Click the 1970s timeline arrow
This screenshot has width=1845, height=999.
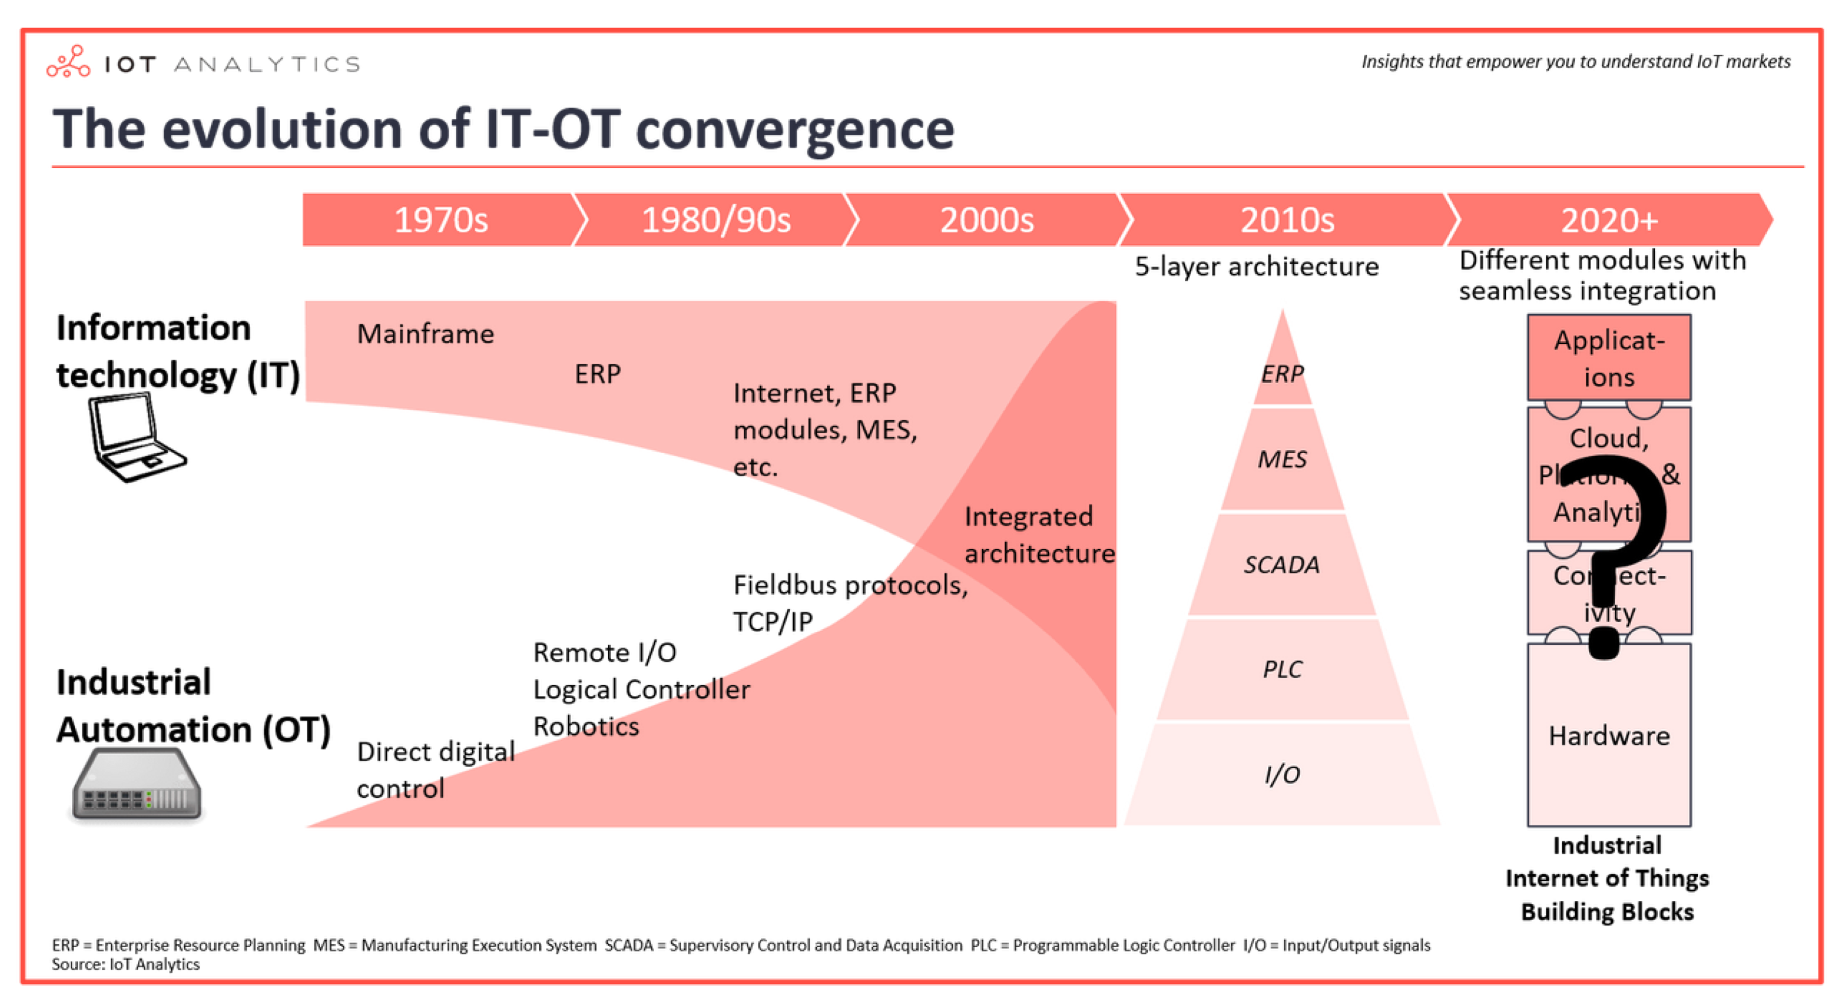tap(440, 220)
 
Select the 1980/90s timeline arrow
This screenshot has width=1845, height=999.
tap(716, 220)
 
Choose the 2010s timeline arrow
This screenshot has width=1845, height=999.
tap(1287, 220)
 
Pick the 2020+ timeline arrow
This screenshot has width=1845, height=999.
tap(1608, 220)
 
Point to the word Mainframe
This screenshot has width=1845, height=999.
tap(425, 334)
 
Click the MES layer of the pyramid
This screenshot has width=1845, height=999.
tap(1282, 459)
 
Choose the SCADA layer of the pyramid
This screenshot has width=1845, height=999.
tap(1282, 564)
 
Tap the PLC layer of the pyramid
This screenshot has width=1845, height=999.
tap(1282, 669)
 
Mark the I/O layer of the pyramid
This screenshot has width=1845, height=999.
tap(1282, 774)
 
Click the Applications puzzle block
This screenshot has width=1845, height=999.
tap(1608, 358)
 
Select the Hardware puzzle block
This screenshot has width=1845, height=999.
tap(1608, 735)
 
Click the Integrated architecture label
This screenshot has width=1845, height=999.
tap(1039, 534)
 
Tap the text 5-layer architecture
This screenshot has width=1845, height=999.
tap(1256, 267)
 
